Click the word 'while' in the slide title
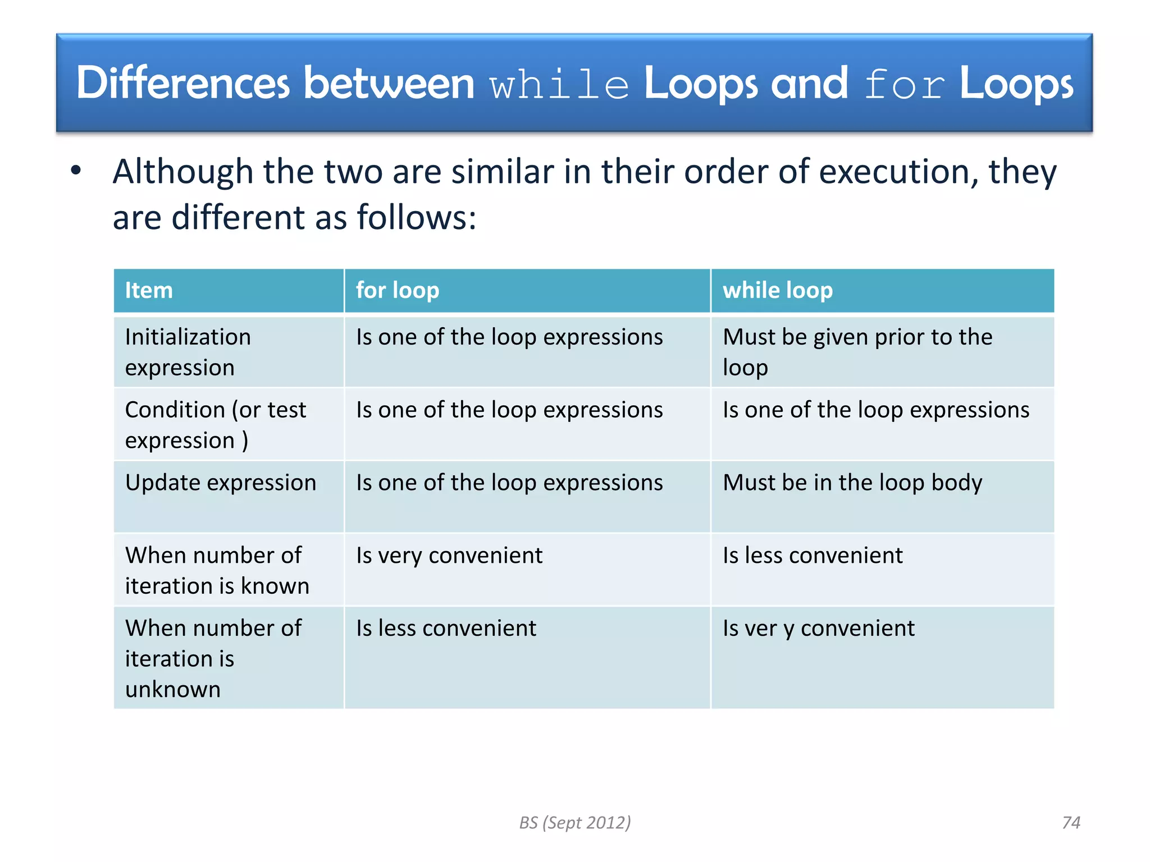coord(559,85)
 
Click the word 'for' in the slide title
coord(903,85)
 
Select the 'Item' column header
coord(149,290)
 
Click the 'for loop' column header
coord(398,290)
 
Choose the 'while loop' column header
coord(777,290)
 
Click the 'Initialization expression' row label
coord(188,352)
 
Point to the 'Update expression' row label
coord(221,483)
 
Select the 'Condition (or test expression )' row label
coord(215,425)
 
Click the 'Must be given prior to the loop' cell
coord(857,352)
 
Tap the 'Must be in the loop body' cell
coord(852,483)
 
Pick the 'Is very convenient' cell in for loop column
coord(449,556)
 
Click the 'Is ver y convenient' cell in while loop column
coord(818,628)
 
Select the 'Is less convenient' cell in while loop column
coord(812,556)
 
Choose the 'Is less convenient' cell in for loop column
coord(446,628)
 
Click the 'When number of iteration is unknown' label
coord(213,658)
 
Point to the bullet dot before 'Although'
coord(76,170)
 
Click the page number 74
coord(1071,822)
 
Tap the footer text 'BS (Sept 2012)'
coord(574,822)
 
